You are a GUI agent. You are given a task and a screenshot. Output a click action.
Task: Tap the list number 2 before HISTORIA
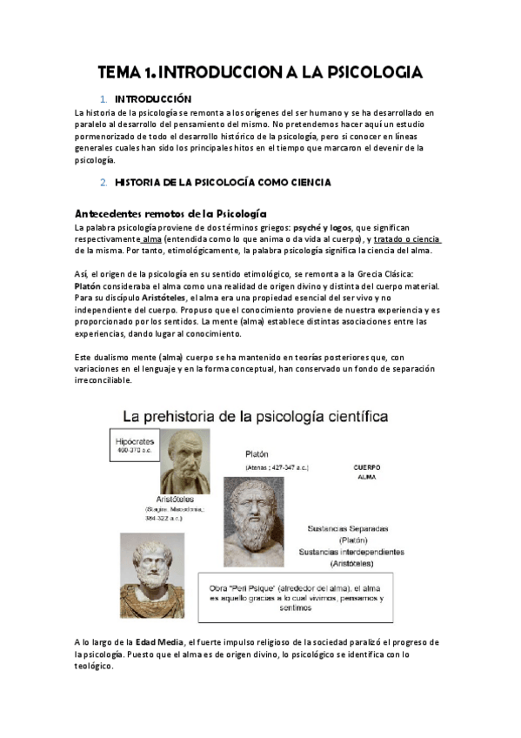(x=104, y=182)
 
